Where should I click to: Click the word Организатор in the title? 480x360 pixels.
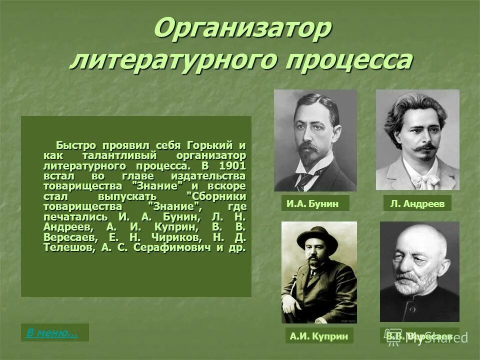point(242,29)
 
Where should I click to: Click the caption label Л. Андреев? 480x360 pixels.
point(417,203)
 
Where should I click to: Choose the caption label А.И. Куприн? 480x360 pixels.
point(318,336)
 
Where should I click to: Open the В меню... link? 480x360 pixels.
point(52,332)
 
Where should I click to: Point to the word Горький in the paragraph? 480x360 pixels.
point(210,145)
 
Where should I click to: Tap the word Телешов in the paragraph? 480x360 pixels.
point(65,247)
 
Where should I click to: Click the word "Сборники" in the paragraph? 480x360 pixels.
point(215,196)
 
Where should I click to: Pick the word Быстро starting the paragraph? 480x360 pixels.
point(75,145)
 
